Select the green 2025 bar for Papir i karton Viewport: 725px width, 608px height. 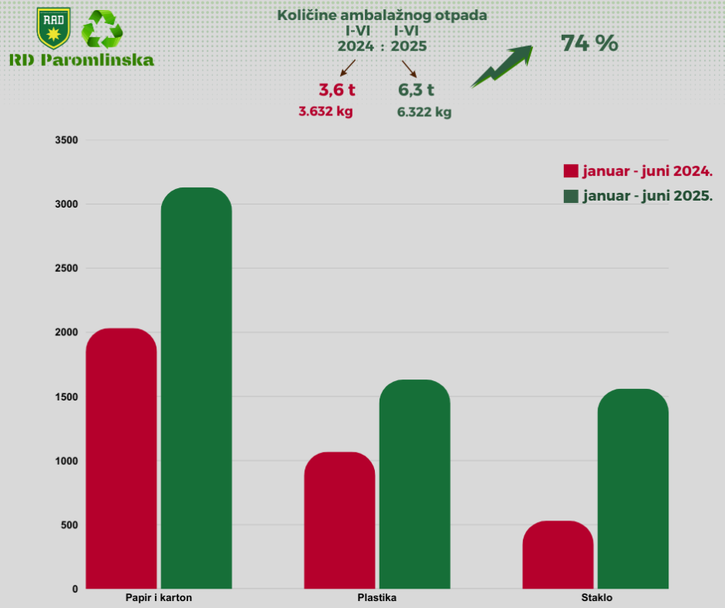pos(196,388)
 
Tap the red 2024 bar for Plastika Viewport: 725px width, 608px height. pos(339,520)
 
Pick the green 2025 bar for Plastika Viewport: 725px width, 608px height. pos(414,484)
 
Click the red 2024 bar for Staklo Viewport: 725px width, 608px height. pos(558,555)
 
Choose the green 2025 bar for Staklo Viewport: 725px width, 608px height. pos(633,489)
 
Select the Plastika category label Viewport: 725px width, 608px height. pos(377,598)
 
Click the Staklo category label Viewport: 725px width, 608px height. pos(596,598)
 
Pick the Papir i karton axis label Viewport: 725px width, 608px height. pos(159,598)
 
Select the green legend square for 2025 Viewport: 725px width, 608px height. pos(571,196)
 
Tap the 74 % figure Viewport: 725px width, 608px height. pos(589,44)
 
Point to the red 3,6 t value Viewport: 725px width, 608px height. pos(337,89)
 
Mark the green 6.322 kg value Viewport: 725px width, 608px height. pos(424,112)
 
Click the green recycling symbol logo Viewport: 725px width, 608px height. pos(102,30)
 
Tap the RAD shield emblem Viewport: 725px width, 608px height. pos(53,27)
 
